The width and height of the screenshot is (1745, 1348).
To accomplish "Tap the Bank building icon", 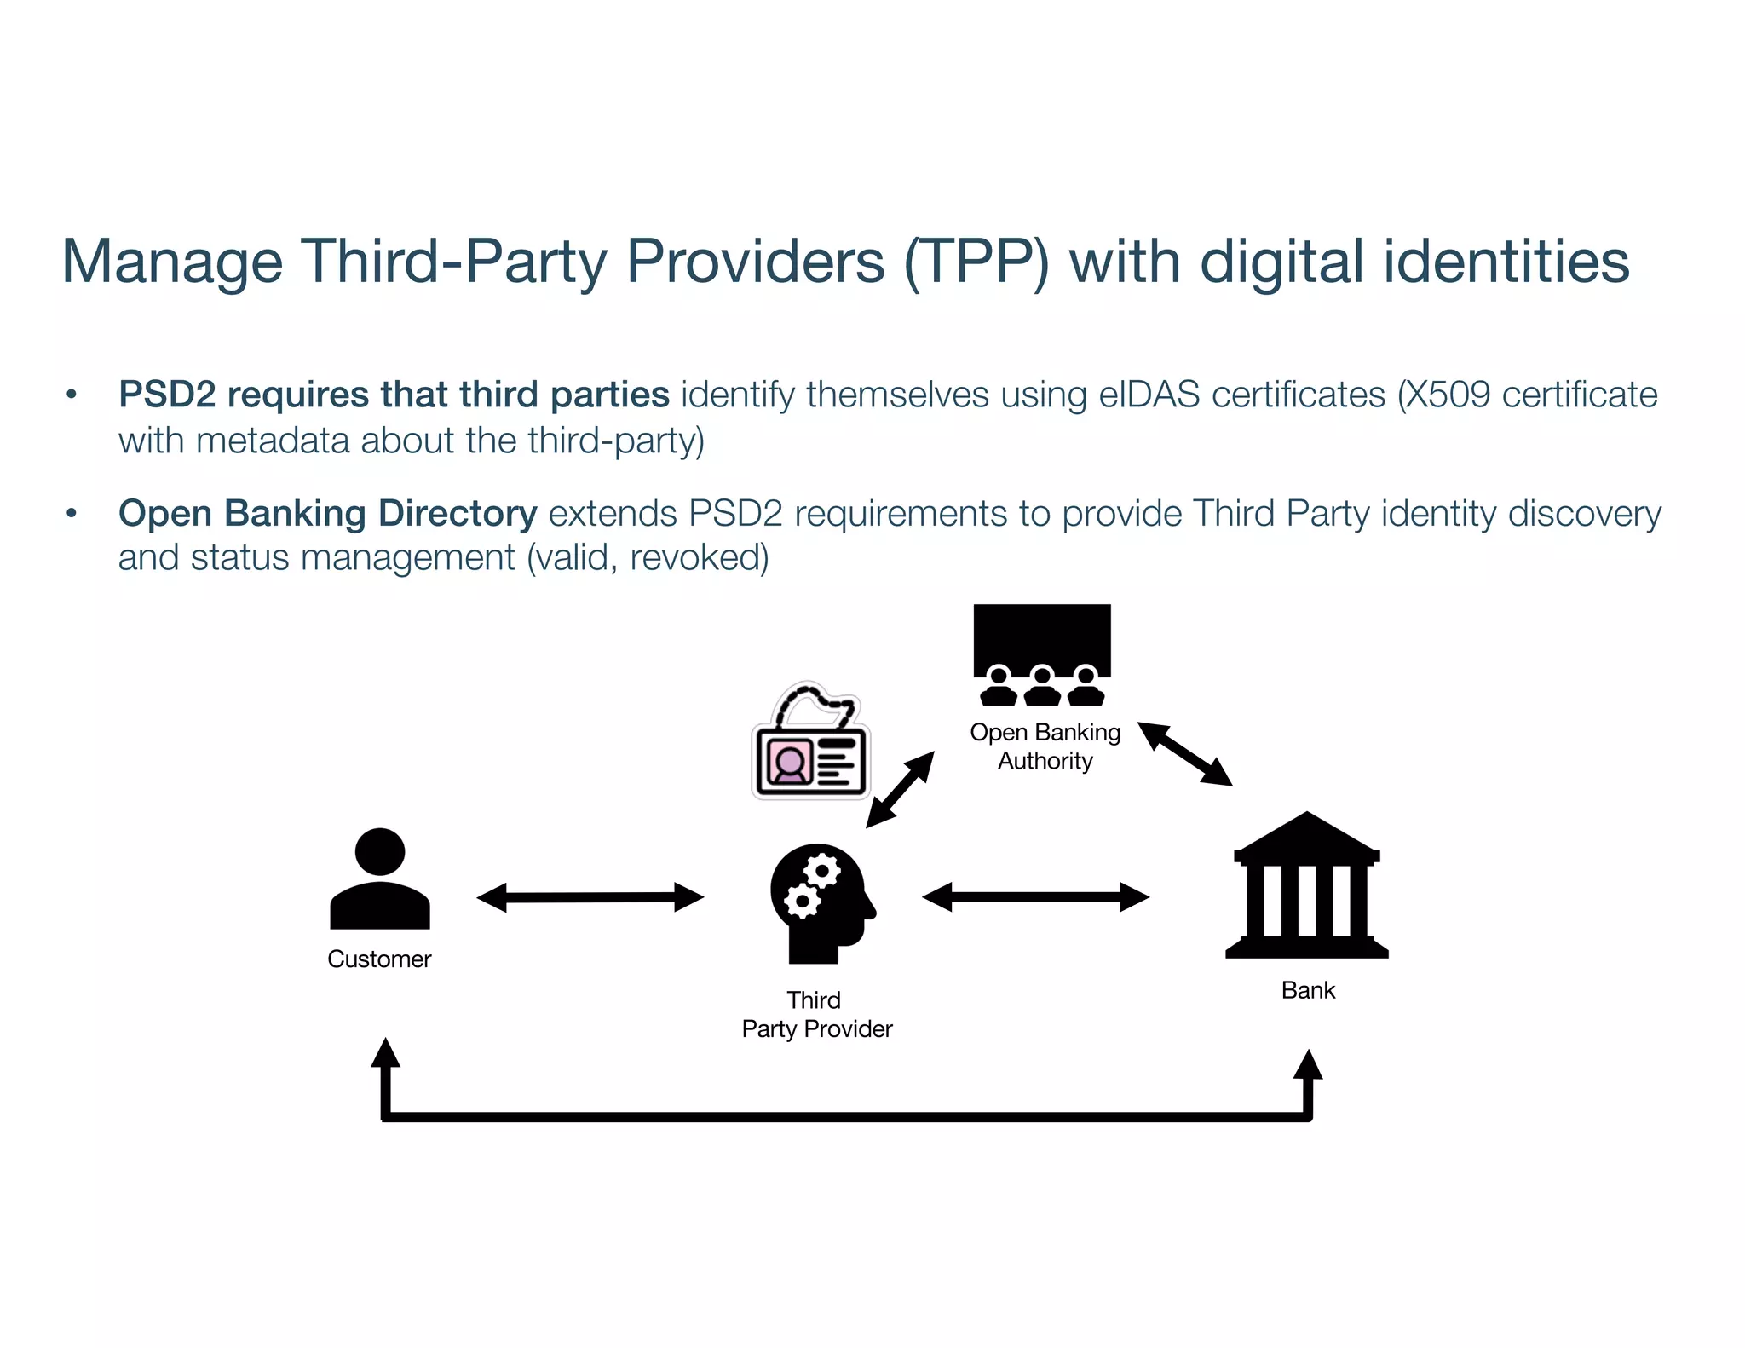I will coord(1306,886).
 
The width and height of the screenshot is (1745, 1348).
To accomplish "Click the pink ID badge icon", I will coord(810,743).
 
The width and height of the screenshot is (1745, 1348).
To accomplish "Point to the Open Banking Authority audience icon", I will coord(1042,654).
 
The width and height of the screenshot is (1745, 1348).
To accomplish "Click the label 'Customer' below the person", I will coord(379,959).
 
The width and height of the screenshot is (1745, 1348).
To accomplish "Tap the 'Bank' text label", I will coord(1308,990).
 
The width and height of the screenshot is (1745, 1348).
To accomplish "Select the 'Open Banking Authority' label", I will coord(1045,746).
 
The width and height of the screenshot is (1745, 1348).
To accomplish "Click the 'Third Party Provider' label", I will coord(816,1015).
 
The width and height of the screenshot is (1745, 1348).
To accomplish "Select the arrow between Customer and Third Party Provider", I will coord(590,897).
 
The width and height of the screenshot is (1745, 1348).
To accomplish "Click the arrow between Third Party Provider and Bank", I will coord(1035,897).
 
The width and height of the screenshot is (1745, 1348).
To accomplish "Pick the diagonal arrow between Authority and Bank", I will coord(1185,754).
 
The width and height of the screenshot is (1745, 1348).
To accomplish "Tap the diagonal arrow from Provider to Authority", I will coord(900,790).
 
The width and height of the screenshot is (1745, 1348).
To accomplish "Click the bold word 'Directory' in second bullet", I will coord(458,513).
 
